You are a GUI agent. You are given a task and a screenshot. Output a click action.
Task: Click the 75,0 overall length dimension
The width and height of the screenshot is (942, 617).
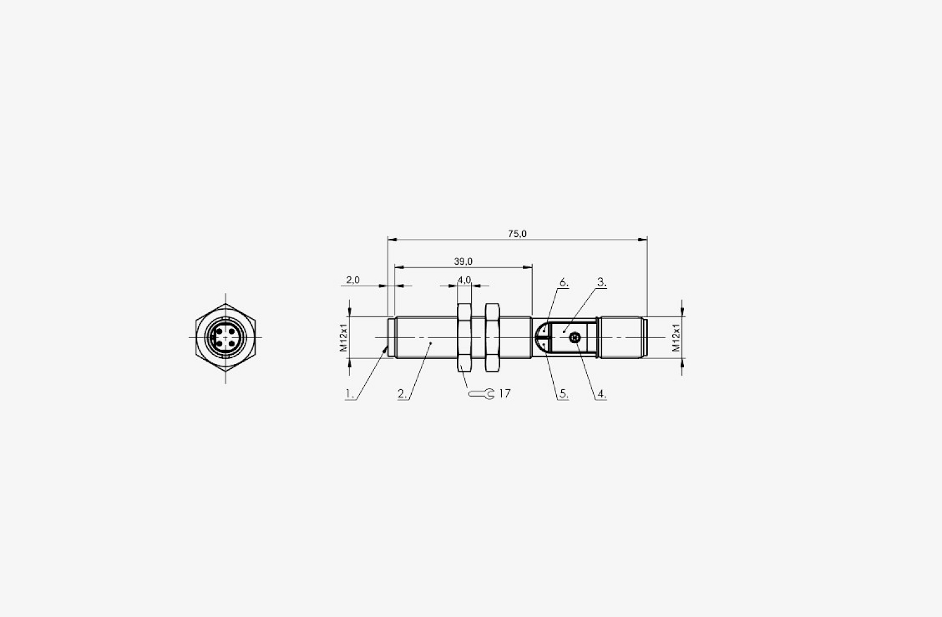(x=517, y=234)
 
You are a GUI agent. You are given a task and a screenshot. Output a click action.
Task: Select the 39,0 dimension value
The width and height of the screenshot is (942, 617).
(x=463, y=262)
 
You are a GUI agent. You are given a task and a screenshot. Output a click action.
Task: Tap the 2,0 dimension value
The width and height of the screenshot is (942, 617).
(x=353, y=280)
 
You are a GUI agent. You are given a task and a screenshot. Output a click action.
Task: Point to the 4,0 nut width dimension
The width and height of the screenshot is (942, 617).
(x=464, y=280)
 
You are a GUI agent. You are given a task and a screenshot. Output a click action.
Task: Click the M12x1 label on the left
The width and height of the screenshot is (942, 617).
(x=344, y=337)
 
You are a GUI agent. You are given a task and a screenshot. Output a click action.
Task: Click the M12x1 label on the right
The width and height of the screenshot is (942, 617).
(x=676, y=337)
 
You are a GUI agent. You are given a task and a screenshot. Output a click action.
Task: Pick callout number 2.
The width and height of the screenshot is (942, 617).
(x=402, y=394)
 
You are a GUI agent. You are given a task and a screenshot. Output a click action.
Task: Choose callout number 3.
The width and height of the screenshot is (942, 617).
(x=602, y=282)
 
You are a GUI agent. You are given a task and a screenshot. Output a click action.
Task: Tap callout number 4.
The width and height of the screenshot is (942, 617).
(x=602, y=394)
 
